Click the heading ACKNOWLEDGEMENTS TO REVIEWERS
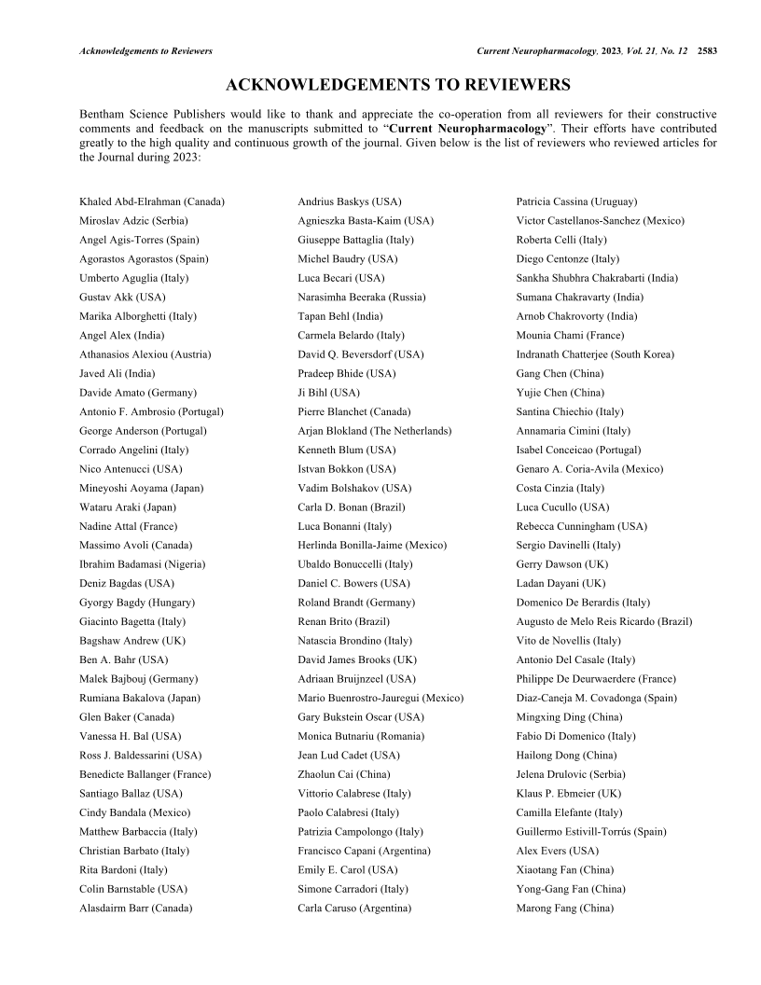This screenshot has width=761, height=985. coord(398,86)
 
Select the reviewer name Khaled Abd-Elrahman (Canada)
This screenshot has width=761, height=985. coord(152,201)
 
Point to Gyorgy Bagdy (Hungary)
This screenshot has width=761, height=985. coord(135,603)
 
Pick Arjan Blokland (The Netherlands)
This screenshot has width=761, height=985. coord(375,431)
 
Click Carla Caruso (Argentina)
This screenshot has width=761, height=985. coord(354,908)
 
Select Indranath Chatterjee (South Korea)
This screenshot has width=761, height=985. coord(595,354)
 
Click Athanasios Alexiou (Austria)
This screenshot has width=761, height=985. coord(145,354)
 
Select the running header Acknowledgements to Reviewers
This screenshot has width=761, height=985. coord(146,50)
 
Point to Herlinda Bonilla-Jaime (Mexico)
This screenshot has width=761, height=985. coord(372,545)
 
